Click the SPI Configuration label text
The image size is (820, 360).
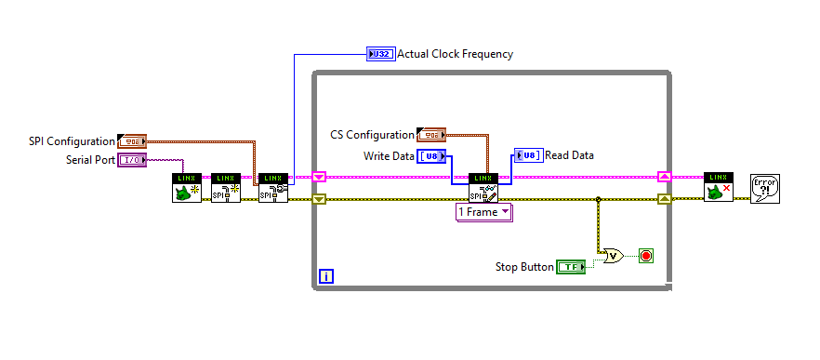pyautogui.click(x=72, y=141)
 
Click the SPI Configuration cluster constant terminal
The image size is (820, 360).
pyautogui.click(x=133, y=141)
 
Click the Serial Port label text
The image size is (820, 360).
pyautogui.click(x=90, y=160)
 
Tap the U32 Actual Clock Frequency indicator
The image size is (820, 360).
pyautogui.click(x=381, y=54)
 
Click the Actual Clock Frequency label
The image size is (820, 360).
pyautogui.click(x=455, y=54)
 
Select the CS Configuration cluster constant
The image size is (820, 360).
pyautogui.click(x=431, y=135)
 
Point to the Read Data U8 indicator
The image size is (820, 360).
pyautogui.click(x=528, y=155)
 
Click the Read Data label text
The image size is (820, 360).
pyautogui.click(x=569, y=155)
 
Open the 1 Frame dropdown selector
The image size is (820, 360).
pyautogui.click(x=483, y=212)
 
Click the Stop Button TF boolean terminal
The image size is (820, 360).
pyautogui.click(x=570, y=267)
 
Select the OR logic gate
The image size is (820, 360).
pyautogui.click(x=613, y=255)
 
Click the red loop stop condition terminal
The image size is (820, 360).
pyautogui.click(x=646, y=255)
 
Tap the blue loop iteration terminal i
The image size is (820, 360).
pyautogui.click(x=325, y=275)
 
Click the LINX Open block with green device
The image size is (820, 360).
pyautogui.click(x=187, y=187)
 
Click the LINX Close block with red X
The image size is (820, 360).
pyautogui.click(x=718, y=187)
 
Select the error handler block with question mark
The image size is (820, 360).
pyautogui.click(x=764, y=188)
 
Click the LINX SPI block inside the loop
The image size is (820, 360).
pyautogui.click(x=483, y=187)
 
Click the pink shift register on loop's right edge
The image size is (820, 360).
pyautogui.click(x=664, y=176)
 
